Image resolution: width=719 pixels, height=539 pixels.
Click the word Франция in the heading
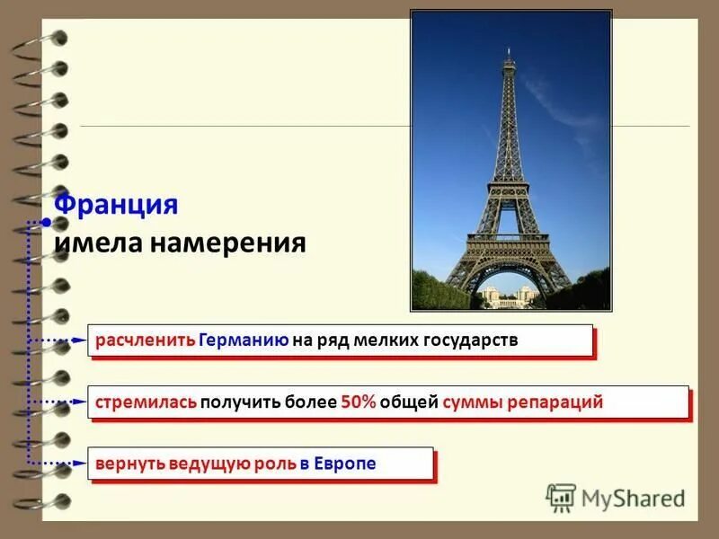coord(116,204)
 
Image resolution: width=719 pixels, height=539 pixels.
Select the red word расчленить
coord(145,341)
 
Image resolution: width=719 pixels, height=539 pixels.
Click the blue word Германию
coord(244,341)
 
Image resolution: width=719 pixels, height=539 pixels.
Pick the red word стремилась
coord(146,402)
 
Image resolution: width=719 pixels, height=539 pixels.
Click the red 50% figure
coord(359,402)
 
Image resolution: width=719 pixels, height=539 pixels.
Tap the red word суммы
coord(473,402)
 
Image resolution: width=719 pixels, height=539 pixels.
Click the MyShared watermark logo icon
coord(562,498)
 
